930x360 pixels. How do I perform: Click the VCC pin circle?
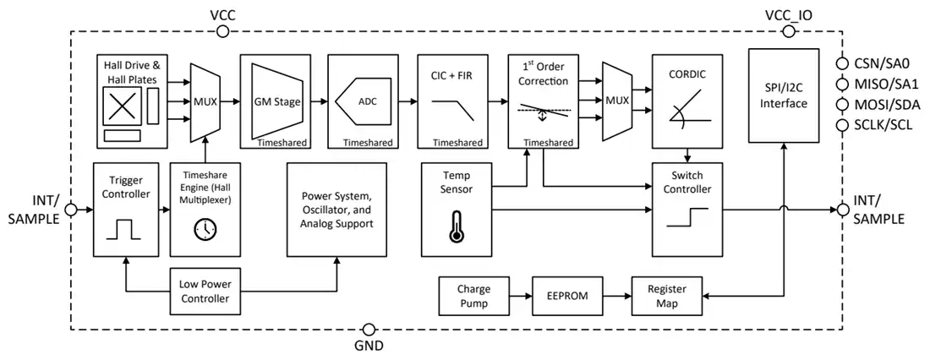click(223, 31)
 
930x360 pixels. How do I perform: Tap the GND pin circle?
click(369, 330)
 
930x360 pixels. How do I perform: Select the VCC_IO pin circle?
click(789, 31)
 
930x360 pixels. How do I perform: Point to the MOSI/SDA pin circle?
click(842, 105)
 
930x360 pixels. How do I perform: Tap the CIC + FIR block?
click(451, 101)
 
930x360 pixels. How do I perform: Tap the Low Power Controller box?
click(204, 291)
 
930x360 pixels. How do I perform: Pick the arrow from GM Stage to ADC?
click(320, 101)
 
